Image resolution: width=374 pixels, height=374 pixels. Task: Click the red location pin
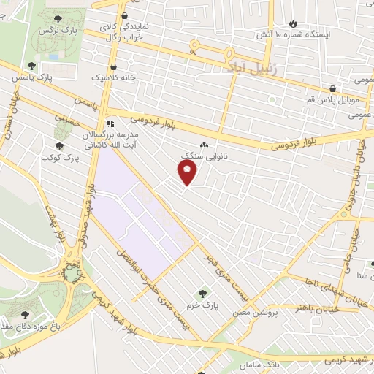188,173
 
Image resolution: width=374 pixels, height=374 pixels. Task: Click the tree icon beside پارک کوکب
60,145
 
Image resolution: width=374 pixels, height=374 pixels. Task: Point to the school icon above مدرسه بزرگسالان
111,123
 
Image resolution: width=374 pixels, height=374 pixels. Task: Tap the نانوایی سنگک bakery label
202,156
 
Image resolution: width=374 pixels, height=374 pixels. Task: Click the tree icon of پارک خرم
203,292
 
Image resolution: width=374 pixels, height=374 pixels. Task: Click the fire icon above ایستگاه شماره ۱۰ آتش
294,23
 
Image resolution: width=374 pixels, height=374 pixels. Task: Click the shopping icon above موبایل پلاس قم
332,87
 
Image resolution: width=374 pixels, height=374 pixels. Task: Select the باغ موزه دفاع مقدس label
29,324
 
